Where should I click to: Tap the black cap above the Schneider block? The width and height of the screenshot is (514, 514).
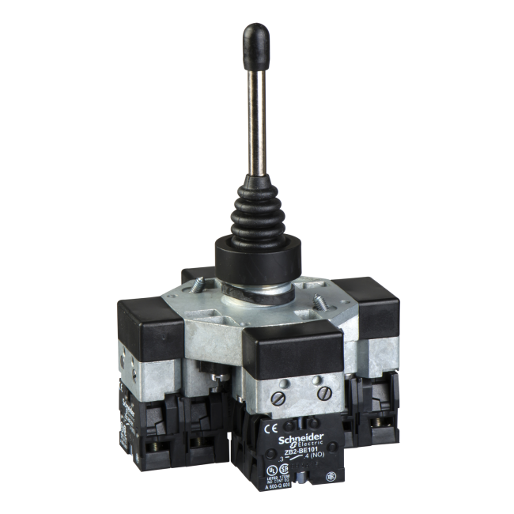point(293,345)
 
